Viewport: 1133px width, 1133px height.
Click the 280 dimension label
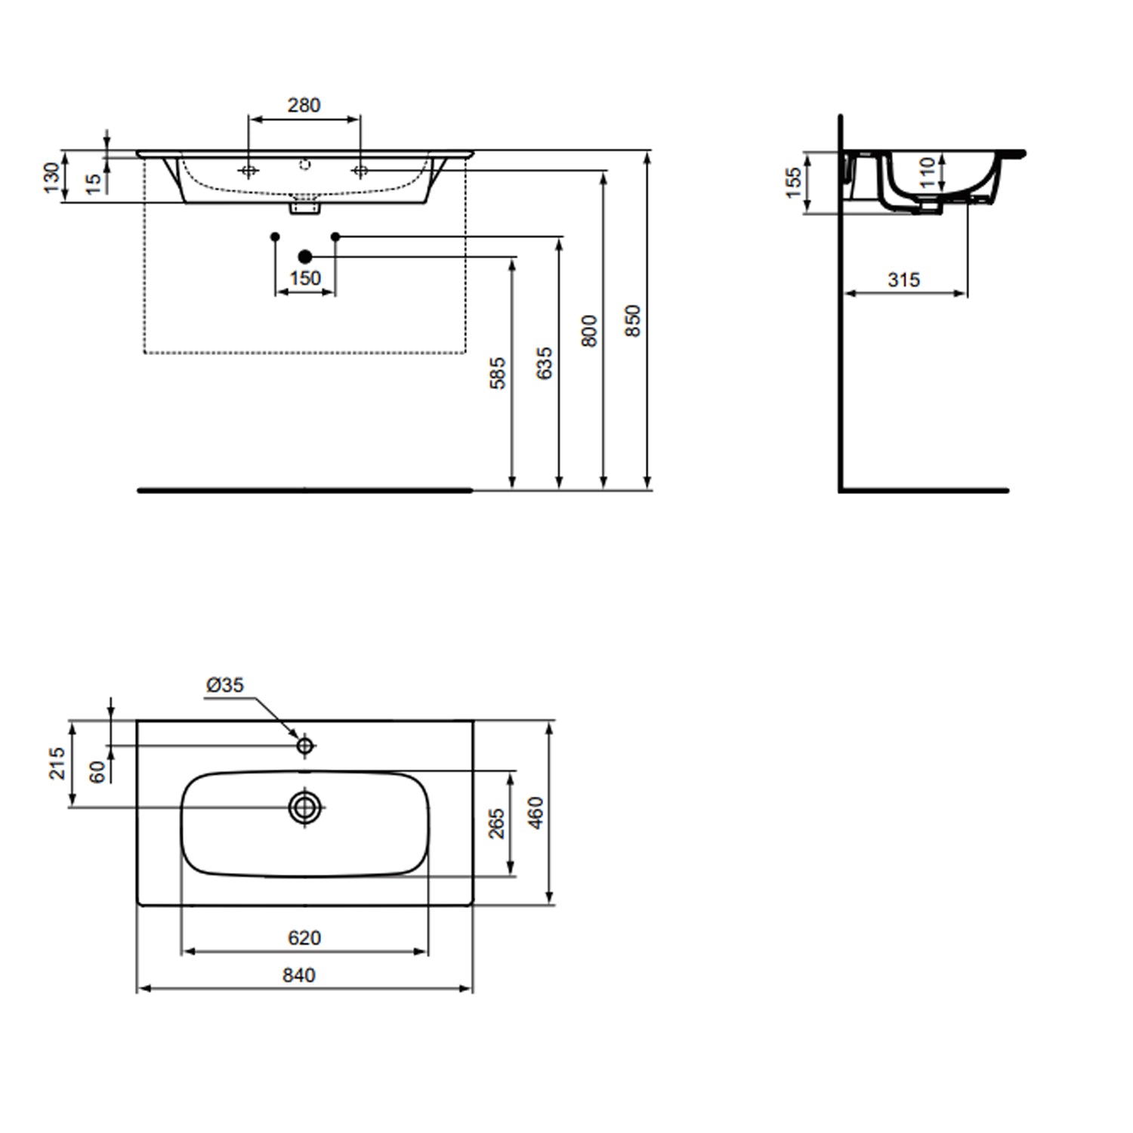pyautogui.click(x=304, y=105)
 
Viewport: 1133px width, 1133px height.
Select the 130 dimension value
pyautogui.click(x=51, y=178)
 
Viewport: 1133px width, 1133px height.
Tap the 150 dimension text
pyautogui.click(x=305, y=278)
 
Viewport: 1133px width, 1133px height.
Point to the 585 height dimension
pyautogui.click(x=498, y=372)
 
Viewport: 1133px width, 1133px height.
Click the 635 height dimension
pyautogui.click(x=544, y=363)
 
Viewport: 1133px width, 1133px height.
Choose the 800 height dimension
pyautogui.click(x=589, y=331)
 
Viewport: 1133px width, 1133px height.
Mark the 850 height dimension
pyautogui.click(x=633, y=320)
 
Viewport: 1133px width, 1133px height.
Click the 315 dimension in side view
pyautogui.click(x=903, y=279)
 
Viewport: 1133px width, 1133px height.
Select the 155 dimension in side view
pyautogui.click(x=793, y=183)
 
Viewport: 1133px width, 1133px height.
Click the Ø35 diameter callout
pyautogui.click(x=225, y=684)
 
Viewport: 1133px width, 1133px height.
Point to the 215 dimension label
pyautogui.click(x=57, y=763)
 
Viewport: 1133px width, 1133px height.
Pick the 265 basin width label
pyautogui.click(x=496, y=823)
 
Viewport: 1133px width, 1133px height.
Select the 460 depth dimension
pyautogui.click(x=536, y=813)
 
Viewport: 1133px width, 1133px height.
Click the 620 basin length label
pyautogui.click(x=304, y=937)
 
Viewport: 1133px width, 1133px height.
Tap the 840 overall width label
pyautogui.click(x=299, y=975)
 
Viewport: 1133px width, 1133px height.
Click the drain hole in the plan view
pyautogui.click(x=305, y=807)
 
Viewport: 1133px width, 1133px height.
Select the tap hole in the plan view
pyautogui.click(x=305, y=746)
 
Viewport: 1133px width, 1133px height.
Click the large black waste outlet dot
pyautogui.click(x=305, y=257)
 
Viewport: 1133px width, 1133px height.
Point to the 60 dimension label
pyautogui.click(x=97, y=771)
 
